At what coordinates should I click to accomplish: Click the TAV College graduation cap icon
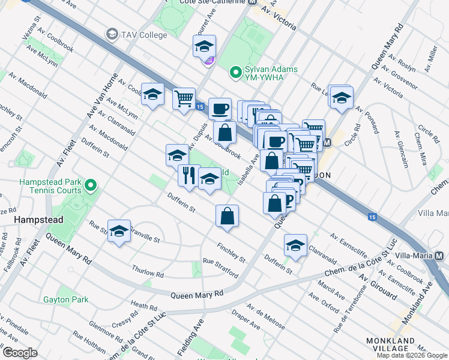(112, 35)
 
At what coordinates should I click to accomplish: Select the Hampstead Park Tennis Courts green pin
(91, 185)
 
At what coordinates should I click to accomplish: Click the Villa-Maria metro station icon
(439, 256)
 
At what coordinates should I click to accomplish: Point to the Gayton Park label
(65, 299)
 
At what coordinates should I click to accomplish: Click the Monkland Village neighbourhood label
(407, 344)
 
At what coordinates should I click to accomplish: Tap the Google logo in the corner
(19, 353)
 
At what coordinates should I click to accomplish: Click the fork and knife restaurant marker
(188, 175)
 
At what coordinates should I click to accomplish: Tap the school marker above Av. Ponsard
(341, 97)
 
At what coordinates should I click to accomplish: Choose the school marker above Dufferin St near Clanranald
(295, 245)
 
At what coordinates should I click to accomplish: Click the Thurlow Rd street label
(148, 271)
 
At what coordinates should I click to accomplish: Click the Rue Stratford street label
(220, 269)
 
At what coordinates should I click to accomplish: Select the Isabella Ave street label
(248, 167)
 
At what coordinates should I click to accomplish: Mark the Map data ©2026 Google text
(411, 355)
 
